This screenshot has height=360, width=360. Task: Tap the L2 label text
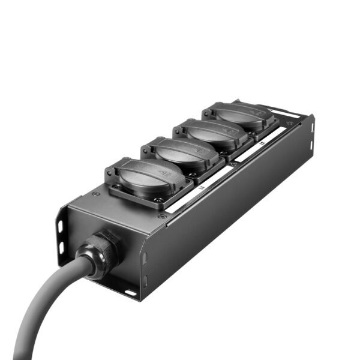coord(262,144)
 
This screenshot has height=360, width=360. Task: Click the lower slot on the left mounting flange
coord(61,247)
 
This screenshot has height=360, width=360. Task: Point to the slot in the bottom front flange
coord(130,293)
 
